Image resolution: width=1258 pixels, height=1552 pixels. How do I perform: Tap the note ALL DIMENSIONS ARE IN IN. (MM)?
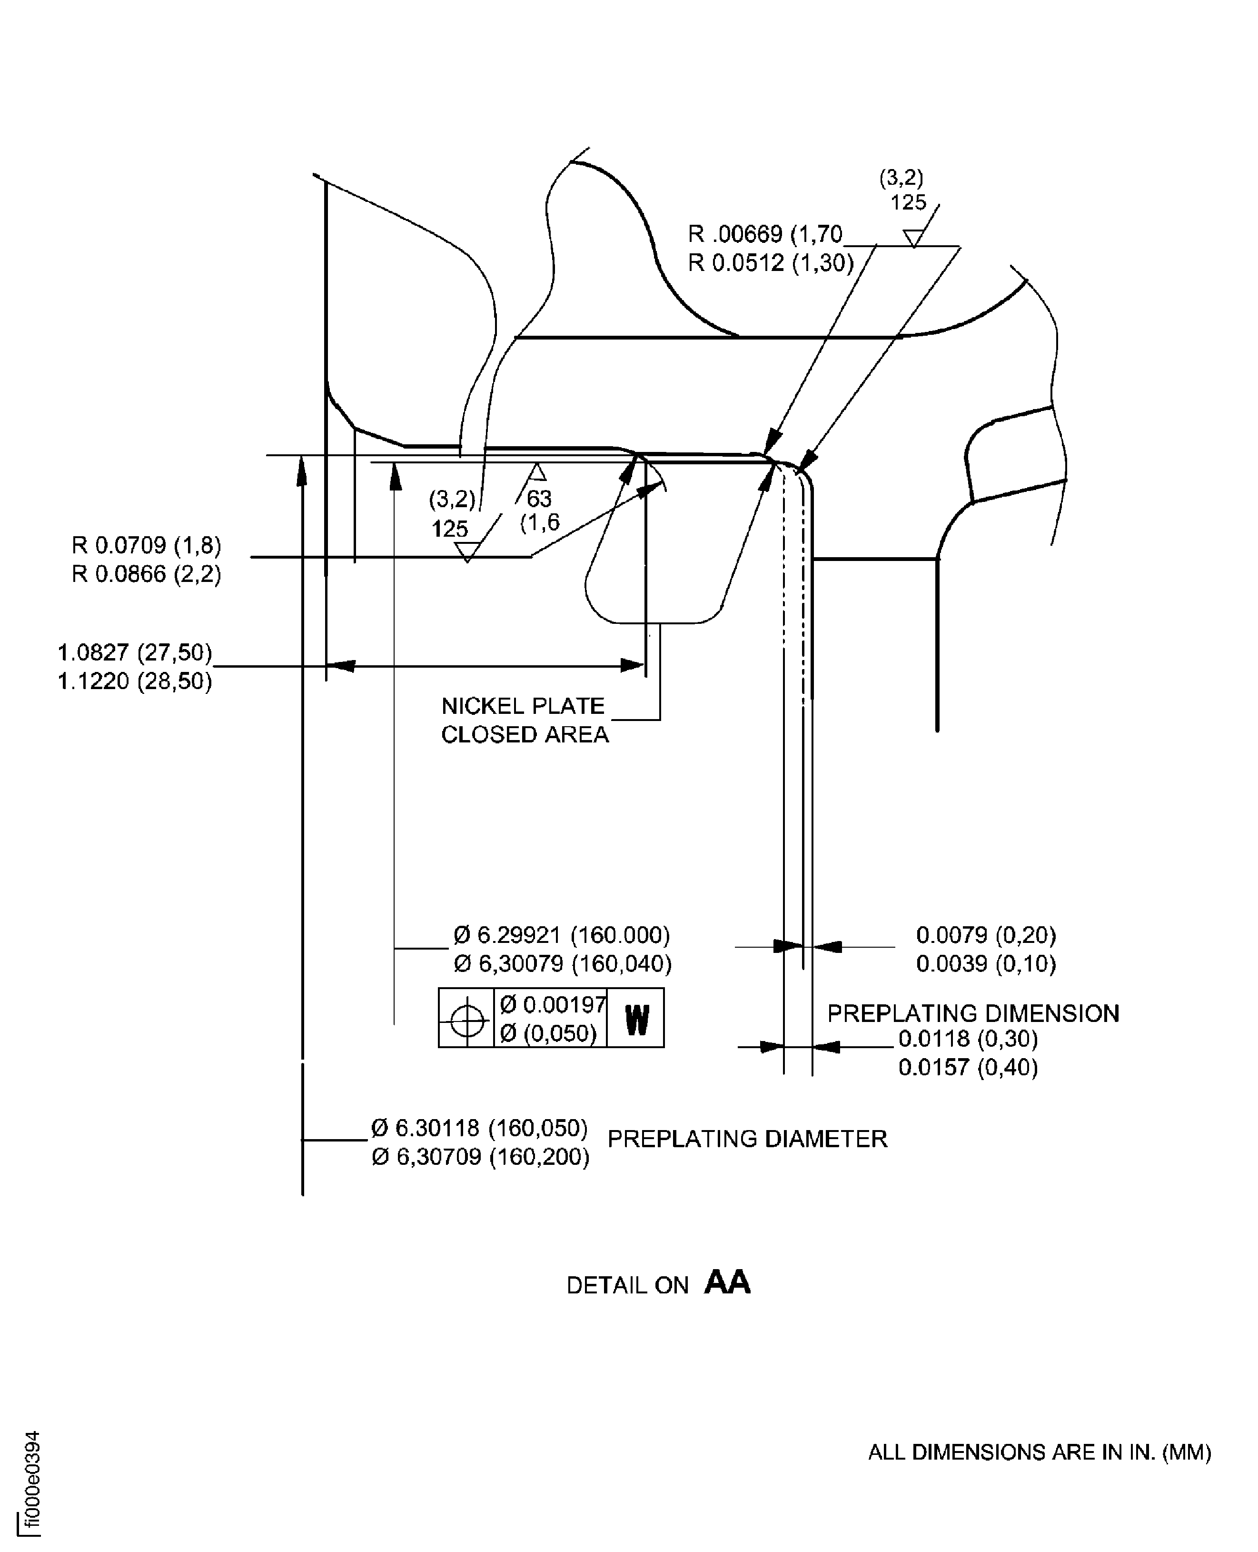1039,1452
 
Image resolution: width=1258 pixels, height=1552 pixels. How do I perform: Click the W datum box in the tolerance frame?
635,1019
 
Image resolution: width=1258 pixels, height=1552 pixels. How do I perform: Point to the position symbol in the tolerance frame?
466,1019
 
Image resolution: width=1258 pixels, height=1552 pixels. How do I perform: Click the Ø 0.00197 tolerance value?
552,1005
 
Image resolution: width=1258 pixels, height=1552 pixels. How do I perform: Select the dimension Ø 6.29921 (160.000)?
562,935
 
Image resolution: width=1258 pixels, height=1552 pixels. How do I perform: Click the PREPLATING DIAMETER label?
747,1139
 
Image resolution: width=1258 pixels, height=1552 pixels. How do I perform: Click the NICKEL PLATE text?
523,706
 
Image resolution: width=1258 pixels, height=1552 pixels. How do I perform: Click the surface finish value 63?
539,499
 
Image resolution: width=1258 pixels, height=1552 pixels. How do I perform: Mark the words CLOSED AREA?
525,735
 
